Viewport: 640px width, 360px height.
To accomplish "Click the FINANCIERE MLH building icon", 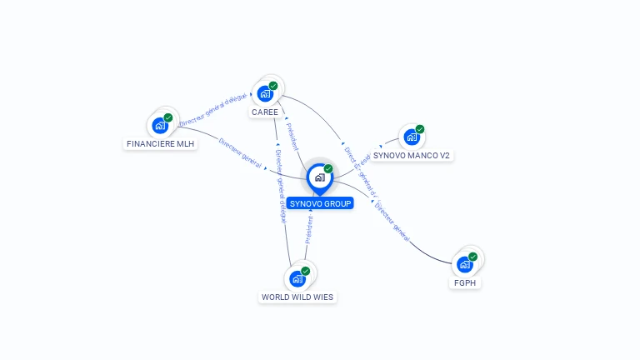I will click(159, 126).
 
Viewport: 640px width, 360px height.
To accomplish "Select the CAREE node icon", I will click(265, 93).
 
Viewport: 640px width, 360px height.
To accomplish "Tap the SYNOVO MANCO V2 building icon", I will click(411, 137).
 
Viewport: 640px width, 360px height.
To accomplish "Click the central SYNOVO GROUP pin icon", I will click(319, 177).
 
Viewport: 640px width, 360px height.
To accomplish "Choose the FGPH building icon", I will click(465, 265).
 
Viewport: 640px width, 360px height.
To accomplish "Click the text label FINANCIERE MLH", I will click(160, 144).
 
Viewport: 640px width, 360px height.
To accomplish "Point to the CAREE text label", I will click(265, 112).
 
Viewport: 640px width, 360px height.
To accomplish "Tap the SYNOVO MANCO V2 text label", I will click(412, 155).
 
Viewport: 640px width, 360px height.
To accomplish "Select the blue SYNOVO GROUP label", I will click(321, 203).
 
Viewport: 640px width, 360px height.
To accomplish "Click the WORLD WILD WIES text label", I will click(297, 297).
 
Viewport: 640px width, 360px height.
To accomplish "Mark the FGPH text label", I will click(467, 283).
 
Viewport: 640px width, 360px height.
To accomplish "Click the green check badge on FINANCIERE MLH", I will click(168, 117).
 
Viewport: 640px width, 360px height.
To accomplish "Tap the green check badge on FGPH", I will click(473, 257).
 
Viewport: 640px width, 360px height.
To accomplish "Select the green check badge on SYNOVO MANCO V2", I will click(420, 129).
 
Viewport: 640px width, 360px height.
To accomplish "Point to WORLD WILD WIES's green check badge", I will click(306, 271).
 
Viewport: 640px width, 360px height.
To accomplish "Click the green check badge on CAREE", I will click(273, 86).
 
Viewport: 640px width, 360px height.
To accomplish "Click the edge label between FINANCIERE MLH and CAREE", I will click(213, 111).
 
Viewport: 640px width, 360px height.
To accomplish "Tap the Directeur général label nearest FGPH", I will click(392, 222).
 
